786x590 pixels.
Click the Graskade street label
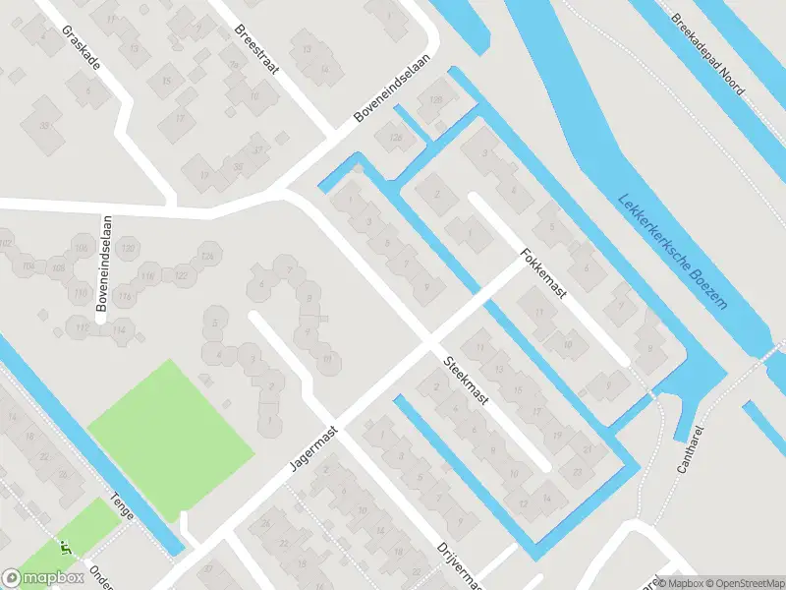click(x=80, y=45)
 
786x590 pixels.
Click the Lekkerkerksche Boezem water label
click(x=675, y=250)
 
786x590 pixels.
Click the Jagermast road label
click(x=313, y=446)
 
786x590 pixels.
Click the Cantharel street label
click(x=693, y=446)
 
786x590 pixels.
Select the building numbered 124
click(x=206, y=257)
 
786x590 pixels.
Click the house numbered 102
click(x=7, y=242)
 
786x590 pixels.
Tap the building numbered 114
click(x=120, y=329)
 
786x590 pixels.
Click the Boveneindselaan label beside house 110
click(x=101, y=265)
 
